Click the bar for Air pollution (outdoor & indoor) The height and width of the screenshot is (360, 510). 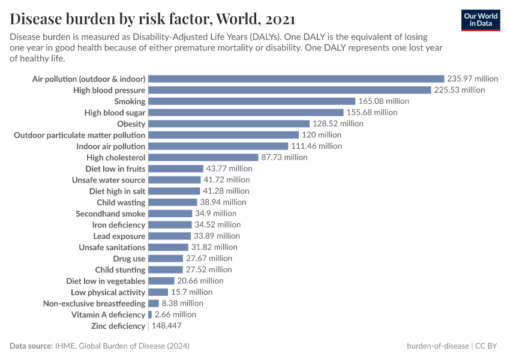pos(296,79)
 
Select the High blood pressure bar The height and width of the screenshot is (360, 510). pos(289,90)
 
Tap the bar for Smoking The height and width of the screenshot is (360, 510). pos(251,101)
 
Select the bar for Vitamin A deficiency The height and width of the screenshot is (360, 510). pos(150,314)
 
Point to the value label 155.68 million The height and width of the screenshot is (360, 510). pos(371,112)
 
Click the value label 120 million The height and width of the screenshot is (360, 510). pos(321,135)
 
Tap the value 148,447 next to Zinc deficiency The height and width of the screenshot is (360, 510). pos(166,326)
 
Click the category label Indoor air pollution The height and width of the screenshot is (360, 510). pos(110,146)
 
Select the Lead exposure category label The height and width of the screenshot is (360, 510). pos(119,236)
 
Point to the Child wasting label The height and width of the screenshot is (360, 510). pos(121,202)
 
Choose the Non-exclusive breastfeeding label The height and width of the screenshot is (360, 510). pos(94,304)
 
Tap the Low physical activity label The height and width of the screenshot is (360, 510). pos(108,292)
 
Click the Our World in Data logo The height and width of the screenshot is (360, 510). pos(480,19)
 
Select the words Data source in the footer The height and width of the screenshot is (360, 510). pos(30,346)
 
